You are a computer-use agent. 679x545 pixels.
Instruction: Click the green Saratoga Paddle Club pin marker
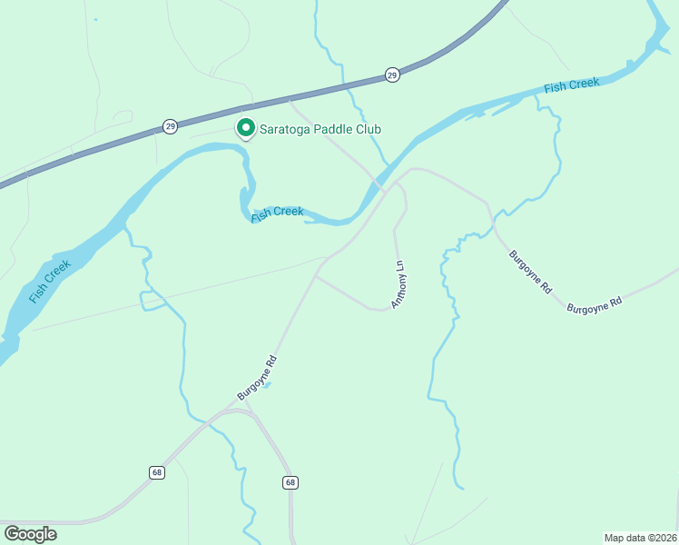click(245, 128)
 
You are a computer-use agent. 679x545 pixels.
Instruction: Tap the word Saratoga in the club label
click(286, 130)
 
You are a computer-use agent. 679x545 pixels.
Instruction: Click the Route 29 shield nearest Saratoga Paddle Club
click(171, 126)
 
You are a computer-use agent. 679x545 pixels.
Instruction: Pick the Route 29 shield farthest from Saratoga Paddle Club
click(391, 74)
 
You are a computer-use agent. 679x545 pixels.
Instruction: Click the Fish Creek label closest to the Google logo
click(50, 281)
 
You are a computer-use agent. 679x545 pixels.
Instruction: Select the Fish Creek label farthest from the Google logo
click(572, 85)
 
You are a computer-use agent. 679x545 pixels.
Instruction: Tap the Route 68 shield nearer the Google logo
click(157, 472)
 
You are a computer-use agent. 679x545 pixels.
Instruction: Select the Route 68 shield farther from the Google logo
click(289, 482)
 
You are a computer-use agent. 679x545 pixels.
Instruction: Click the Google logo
click(30, 533)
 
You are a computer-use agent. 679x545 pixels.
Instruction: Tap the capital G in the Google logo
click(12, 533)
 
